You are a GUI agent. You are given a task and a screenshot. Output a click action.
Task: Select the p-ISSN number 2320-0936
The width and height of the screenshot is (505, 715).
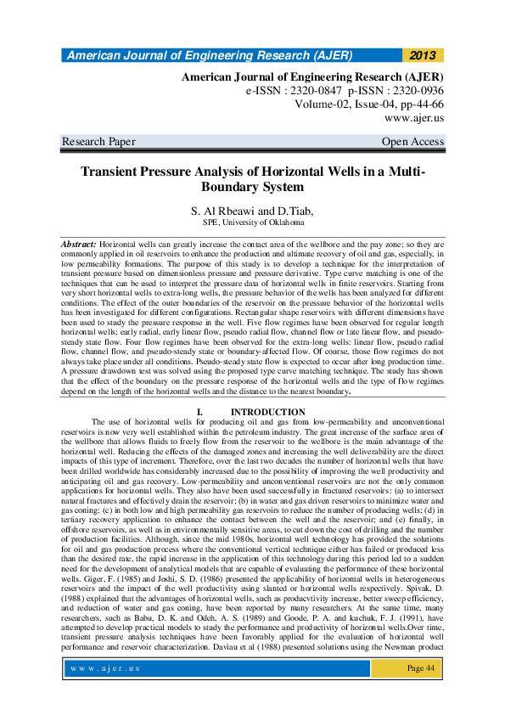(412, 89)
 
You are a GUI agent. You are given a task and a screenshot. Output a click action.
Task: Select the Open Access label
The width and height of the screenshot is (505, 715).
(412, 141)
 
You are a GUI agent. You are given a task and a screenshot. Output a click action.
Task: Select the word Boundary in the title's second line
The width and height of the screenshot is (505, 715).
(230, 187)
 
